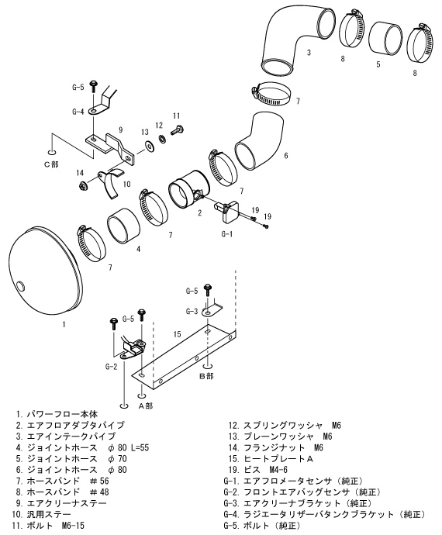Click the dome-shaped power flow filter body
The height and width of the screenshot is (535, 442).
[47, 271]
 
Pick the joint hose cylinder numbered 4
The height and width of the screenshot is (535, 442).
[123, 226]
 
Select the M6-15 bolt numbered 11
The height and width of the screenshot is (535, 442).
[177, 129]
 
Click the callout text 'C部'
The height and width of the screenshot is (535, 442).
[51, 164]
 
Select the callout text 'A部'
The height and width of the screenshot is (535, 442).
[145, 406]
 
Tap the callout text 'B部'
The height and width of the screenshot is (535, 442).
[205, 376]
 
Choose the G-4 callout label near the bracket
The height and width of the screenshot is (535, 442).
[78, 112]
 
